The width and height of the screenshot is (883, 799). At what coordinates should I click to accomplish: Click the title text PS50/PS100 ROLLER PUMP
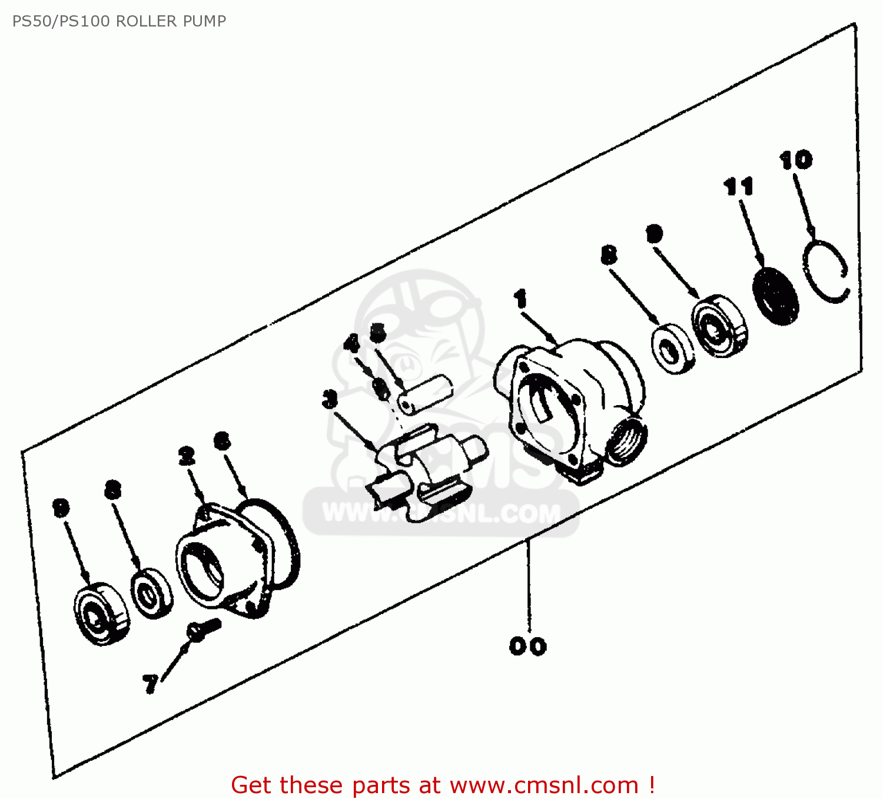click(x=119, y=21)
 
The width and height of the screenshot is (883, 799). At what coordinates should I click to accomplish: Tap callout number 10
click(x=795, y=160)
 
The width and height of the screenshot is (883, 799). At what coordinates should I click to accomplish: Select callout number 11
click(x=738, y=187)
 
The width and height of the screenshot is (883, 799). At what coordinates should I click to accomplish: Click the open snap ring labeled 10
click(x=825, y=272)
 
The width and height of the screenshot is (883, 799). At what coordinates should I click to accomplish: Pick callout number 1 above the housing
click(x=520, y=299)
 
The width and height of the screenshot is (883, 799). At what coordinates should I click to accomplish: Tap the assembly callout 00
click(x=527, y=646)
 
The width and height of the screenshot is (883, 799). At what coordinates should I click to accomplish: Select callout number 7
click(x=151, y=684)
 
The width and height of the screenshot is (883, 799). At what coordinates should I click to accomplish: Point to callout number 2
click(x=186, y=456)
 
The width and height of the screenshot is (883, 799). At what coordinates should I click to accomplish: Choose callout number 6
click(x=223, y=441)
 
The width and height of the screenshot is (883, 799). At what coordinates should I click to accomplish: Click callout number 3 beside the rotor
click(x=330, y=399)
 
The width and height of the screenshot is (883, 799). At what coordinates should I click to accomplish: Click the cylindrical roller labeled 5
click(x=425, y=392)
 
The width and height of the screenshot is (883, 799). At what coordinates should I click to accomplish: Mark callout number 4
click(x=352, y=343)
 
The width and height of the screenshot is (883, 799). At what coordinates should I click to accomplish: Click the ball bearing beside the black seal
click(x=719, y=326)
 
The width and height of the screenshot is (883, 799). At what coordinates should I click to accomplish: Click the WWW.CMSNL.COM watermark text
click(x=441, y=514)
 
